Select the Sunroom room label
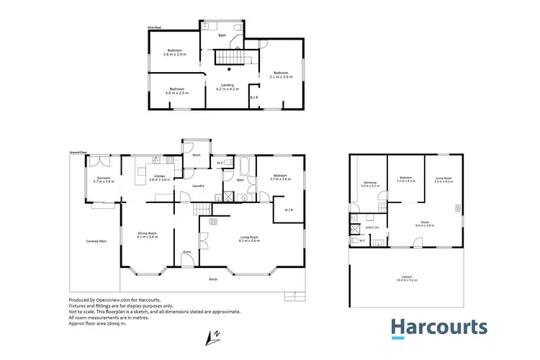(x=104, y=178)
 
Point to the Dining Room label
(x=147, y=233)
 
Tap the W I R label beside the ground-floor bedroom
(x=287, y=210)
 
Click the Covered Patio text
(x=96, y=240)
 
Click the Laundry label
(x=198, y=186)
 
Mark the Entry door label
(x=187, y=252)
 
